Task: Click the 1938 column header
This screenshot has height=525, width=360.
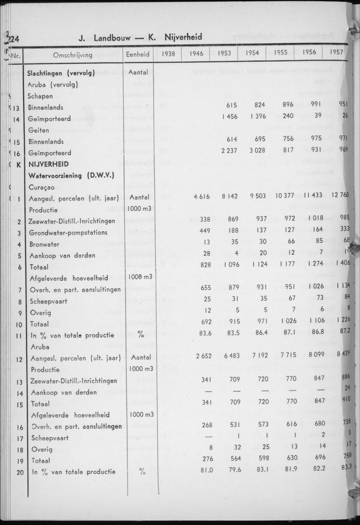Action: [x=168, y=54]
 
